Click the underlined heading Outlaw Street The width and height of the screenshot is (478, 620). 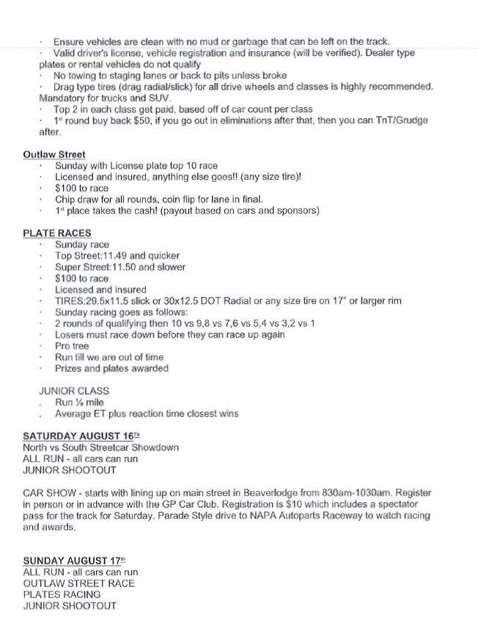point(54,155)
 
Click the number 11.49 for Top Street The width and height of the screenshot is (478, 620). point(119,255)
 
